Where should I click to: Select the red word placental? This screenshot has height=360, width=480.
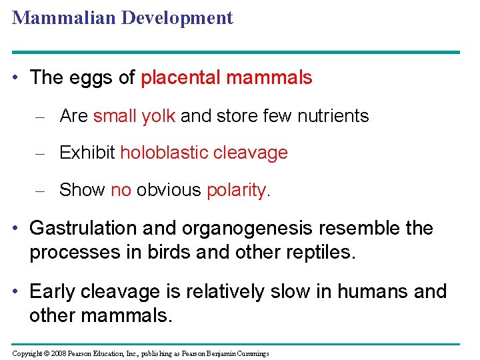(181, 78)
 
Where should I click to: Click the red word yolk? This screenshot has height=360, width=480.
(158, 116)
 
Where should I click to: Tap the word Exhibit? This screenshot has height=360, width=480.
(87, 153)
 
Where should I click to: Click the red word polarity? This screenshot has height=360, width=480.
(236, 190)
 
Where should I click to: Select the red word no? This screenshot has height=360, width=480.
(121, 190)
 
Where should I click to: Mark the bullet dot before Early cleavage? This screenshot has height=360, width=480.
(19, 292)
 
